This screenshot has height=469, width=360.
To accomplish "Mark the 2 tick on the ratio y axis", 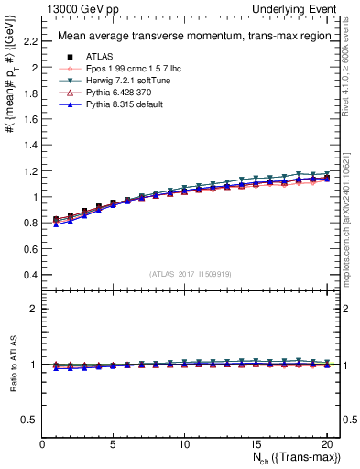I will pos(35,309).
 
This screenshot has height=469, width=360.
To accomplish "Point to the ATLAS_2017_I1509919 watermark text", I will pos(184,273).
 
